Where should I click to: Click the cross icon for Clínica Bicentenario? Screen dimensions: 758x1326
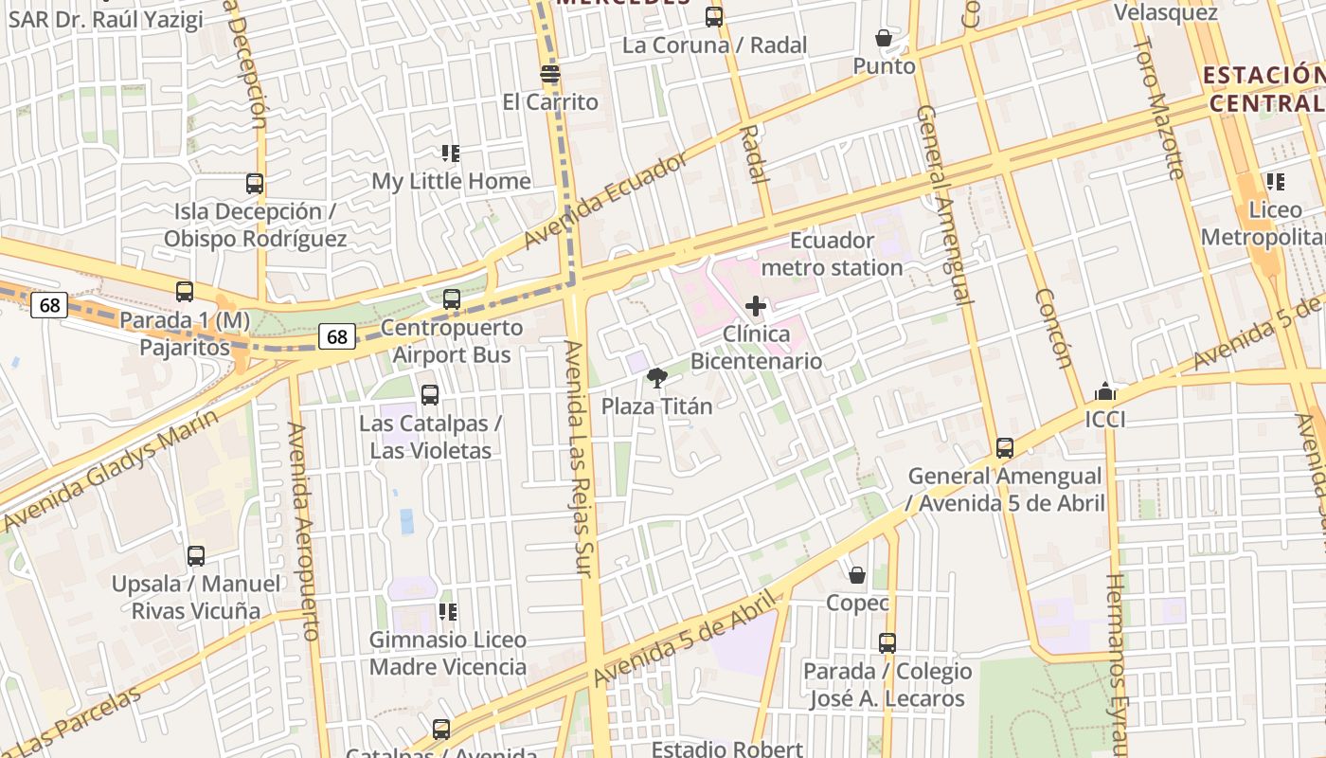coord(756,306)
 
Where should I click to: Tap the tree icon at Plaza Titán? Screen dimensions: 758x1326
coord(656,378)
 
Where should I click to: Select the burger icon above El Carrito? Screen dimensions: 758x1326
coord(550,74)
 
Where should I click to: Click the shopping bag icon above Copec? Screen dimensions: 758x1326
coord(857,575)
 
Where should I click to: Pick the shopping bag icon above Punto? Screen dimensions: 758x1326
coord(884,38)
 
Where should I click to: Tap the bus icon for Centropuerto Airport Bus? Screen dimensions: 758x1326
coord(452,299)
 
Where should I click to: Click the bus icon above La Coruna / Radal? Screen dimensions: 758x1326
coord(714,17)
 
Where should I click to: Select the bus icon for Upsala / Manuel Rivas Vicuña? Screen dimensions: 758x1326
coord(196,556)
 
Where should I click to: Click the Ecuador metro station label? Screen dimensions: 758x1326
coord(832,254)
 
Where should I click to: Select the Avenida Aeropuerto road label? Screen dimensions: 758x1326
coord(303,531)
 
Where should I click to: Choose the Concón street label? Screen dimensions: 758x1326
coord(1053,328)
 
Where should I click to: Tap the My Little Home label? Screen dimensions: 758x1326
coord(451,181)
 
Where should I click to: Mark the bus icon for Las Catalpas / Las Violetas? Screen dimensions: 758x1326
coord(430,395)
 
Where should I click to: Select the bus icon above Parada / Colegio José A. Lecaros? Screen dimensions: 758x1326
coord(887,643)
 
